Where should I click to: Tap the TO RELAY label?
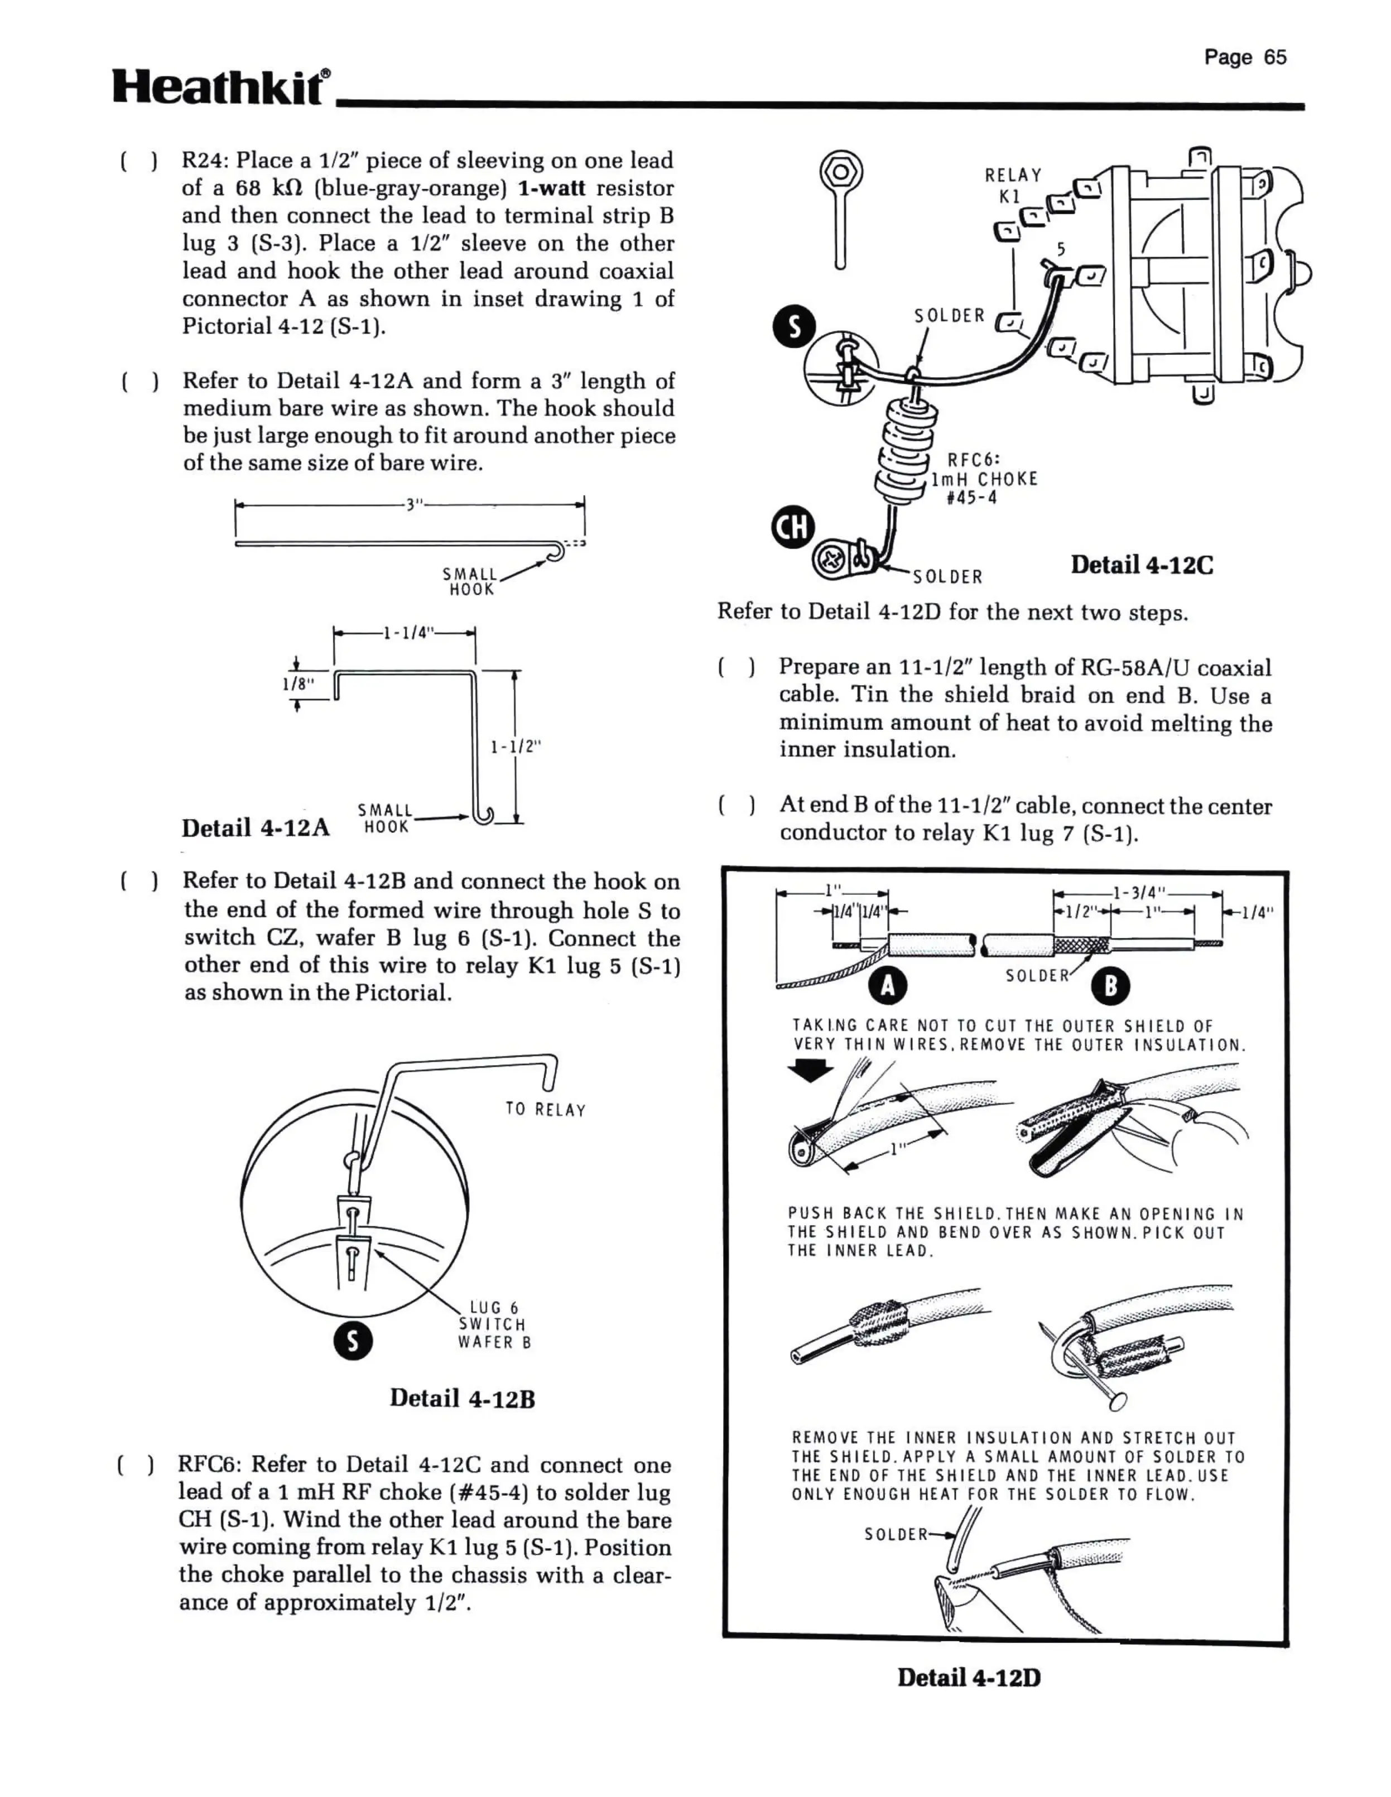pyautogui.click(x=545, y=1110)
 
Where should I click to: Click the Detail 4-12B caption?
pyautogui.click(x=462, y=1398)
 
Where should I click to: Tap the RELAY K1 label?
pyautogui.click(x=1012, y=185)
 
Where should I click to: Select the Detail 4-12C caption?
pyautogui.click(x=1141, y=565)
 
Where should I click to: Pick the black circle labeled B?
pyautogui.click(x=1109, y=986)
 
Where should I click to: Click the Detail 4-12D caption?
pyautogui.click(x=969, y=1678)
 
